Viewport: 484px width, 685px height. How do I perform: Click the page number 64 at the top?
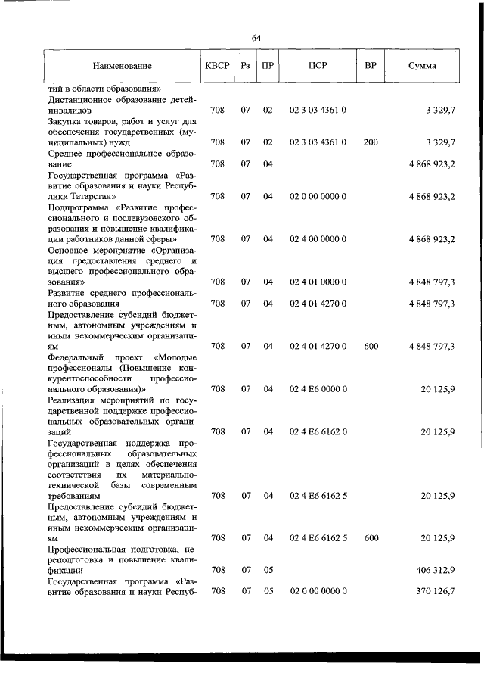(256, 38)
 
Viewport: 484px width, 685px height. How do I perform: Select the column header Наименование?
(123, 66)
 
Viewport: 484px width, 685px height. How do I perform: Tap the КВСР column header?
(217, 66)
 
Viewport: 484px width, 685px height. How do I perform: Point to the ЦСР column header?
(317, 66)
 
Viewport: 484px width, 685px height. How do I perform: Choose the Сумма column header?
(421, 66)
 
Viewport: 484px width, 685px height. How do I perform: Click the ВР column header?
(371, 66)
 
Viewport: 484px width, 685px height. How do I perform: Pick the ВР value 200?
(371, 142)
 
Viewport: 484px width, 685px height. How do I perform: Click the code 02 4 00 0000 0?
(318, 238)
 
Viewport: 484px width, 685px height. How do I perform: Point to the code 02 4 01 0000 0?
(318, 282)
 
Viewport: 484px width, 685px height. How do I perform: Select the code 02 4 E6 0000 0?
(318, 389)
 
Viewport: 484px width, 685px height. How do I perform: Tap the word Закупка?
(67, 120)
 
